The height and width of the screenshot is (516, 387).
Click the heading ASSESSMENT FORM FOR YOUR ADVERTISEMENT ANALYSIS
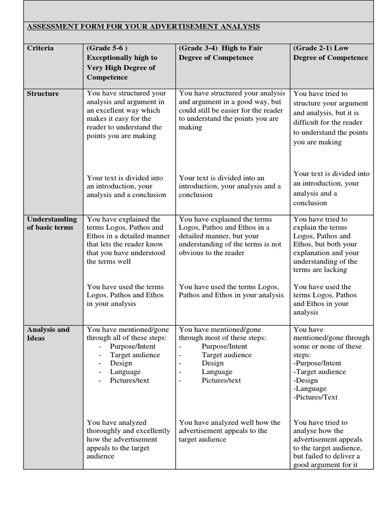click(143, 26)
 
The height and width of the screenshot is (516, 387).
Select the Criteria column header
click(40, 48)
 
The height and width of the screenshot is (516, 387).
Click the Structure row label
click(43, 94)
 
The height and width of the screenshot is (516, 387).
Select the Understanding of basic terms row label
click(52, 223)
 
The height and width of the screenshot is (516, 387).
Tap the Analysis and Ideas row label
click(48, 334)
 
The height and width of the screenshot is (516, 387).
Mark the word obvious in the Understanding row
click(191, 253)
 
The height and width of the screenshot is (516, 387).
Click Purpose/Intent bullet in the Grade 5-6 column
click(133, 346)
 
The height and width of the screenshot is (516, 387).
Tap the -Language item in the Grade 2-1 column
click(309, 389)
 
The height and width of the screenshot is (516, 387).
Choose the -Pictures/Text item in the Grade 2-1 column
click(315, 397)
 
